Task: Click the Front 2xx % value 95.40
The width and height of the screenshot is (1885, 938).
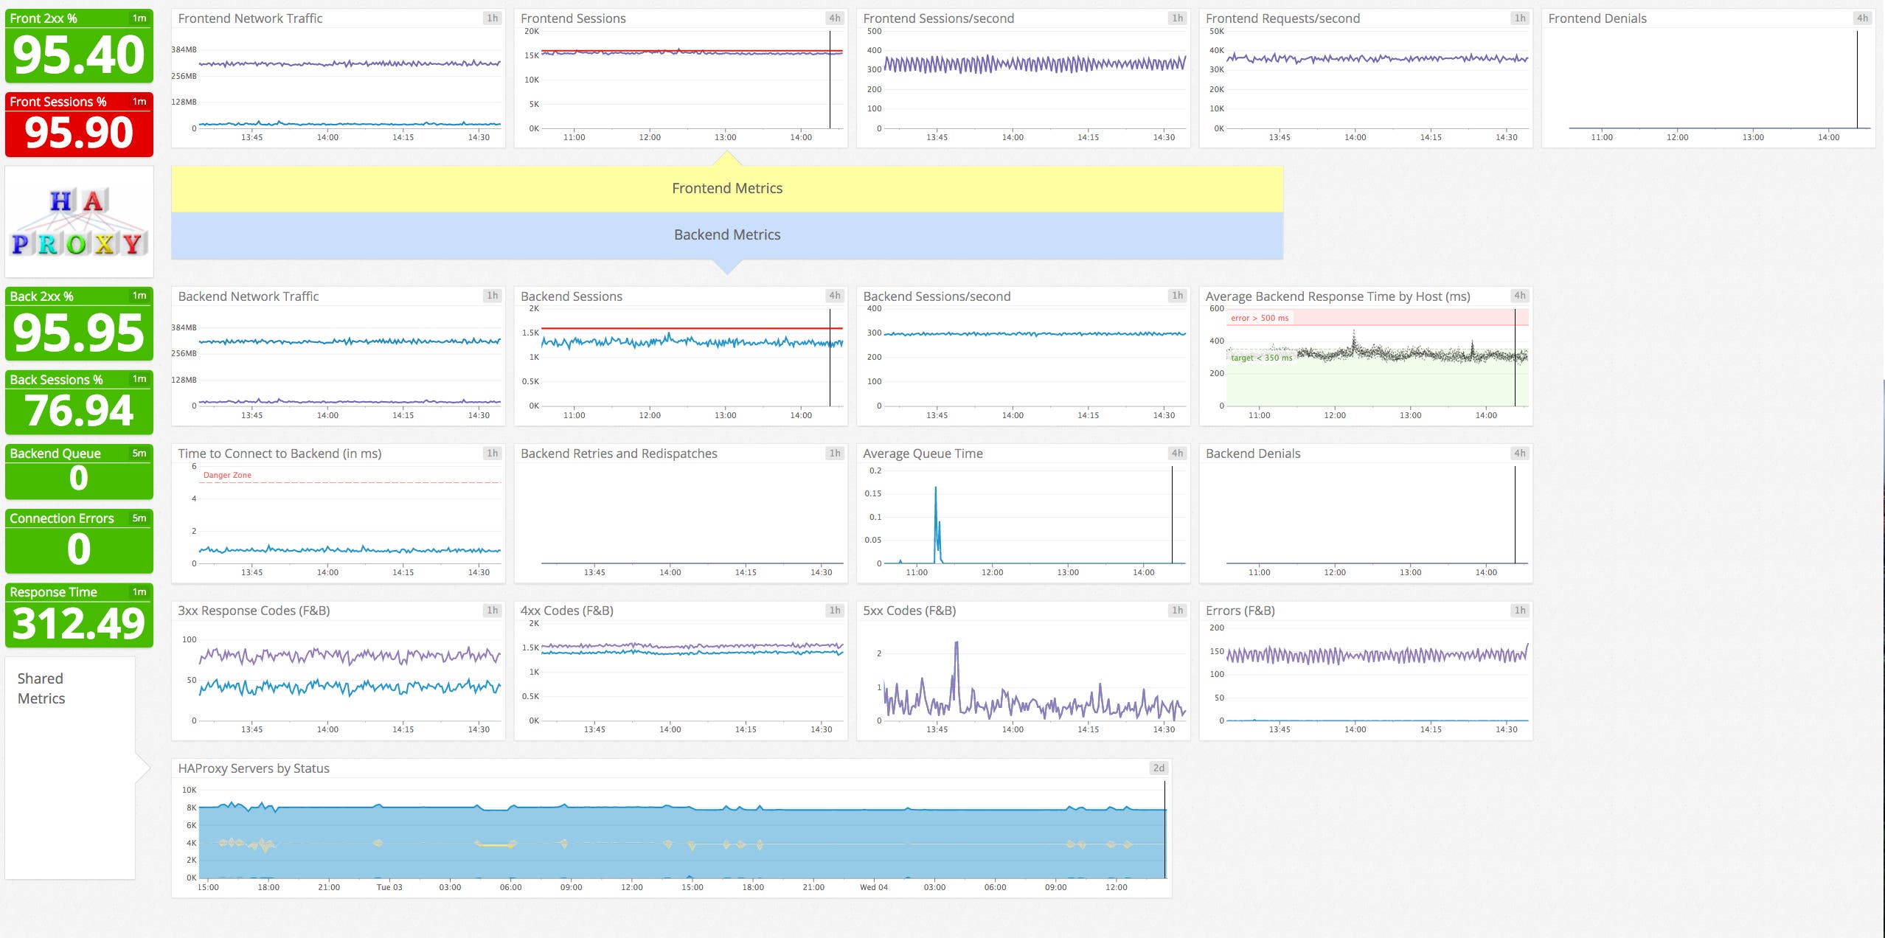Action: [79, 55]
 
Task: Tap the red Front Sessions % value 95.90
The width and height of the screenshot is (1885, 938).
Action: [79, 133]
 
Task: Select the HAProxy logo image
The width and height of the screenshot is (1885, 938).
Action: [79, 222]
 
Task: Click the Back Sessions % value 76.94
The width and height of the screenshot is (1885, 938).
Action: [79, 410]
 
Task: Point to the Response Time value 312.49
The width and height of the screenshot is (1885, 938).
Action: [79, 623]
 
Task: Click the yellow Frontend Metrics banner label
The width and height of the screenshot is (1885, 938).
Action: [726, 189]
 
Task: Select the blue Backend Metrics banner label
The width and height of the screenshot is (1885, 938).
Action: [726, 234]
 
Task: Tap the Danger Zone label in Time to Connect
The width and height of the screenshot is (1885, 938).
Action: [227, 475]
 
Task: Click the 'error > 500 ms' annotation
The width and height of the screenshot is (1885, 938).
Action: [1260, 318]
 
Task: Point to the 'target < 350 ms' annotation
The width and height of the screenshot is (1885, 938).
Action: [1261, 358]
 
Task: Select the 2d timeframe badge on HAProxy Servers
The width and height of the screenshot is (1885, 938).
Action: [1159, 768]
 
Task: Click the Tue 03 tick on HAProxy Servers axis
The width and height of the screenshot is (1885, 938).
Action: [389, 887]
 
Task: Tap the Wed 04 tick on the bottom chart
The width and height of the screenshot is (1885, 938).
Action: [873, 887]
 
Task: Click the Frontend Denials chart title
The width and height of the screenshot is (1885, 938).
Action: [1597, 18]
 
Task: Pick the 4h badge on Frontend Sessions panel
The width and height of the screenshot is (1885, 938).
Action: [834, 18]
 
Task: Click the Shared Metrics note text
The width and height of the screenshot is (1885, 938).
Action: [41, 688]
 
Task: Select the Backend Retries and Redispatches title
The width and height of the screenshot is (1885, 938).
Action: [619, 454]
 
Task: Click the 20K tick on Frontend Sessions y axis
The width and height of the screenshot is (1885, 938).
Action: [531, 31]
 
